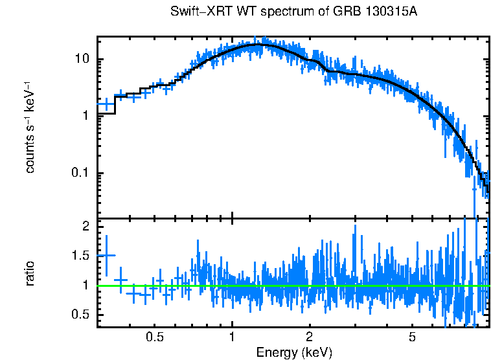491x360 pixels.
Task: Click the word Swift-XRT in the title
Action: pyautogui.click(x=196, y=12)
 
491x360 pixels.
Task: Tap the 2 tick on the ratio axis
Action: pyautogui.click(x=87, y=226)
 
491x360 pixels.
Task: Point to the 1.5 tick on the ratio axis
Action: pyautogui.click(x=82, y=256)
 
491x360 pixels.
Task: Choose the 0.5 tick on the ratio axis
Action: pyautogui.click(x=82, y=315)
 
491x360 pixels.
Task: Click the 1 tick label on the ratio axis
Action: pyautogui.click(x=87, y=285)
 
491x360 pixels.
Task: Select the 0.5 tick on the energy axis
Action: pyautogui.click(x=154, y=337)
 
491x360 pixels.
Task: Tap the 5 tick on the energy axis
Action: pyautogui.click(x=412, y=337)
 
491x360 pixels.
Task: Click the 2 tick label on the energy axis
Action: pyautogui.click(x=310, y=337)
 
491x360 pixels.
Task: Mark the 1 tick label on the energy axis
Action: pyautogui.click(x=232, y=337)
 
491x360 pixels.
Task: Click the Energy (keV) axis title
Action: pyautogui.click(x=294, y=352)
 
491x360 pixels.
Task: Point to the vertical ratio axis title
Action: pyautogui.click(x=30, y=273)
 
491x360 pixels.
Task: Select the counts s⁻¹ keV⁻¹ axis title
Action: pyautogui.click(x=30, y=127)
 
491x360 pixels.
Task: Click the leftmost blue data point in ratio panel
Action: pyautogui.click(x=106, y=255)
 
